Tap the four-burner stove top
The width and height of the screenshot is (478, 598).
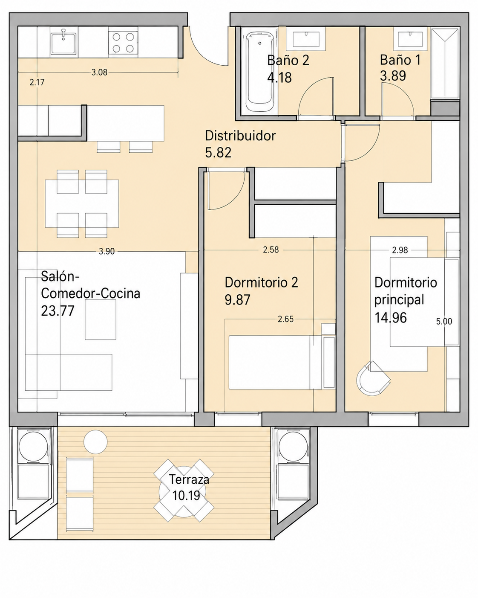[123, 43]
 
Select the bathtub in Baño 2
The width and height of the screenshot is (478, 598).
[259, 72]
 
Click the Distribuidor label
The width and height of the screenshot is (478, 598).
[240, 136]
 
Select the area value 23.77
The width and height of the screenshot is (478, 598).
[58, 311]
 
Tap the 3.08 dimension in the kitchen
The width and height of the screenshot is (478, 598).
[99, 73]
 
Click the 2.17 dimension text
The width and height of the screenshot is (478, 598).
[37, 82]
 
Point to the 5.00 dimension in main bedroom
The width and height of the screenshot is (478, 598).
[444, 322]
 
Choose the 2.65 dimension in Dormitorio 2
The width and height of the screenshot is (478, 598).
[285, 319]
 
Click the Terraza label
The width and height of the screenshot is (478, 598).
[189, 479]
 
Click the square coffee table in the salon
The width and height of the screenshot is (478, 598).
[101, 319]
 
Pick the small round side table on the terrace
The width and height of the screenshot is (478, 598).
[95, 442]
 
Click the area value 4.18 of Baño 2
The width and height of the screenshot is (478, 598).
[279, 78]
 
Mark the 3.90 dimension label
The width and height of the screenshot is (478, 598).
[107, 252]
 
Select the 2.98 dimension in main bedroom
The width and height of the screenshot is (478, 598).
[400, 250]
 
